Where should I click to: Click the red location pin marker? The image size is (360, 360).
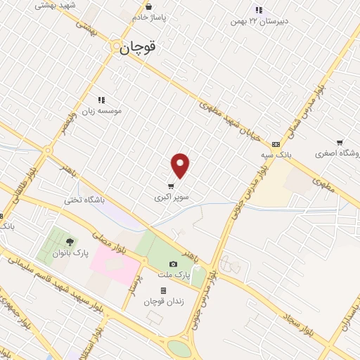(x=181, y=166)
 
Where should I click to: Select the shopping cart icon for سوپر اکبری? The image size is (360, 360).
(x=171, y=186)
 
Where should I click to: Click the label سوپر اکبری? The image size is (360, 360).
(x=172, y=198)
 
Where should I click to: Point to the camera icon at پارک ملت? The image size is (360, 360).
(x=174, y=264)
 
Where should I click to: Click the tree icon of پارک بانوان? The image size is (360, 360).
(x=69, y=243)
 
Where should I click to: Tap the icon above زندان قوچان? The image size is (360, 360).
(x=163, y=290)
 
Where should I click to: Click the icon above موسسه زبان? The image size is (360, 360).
(x=101, y=100)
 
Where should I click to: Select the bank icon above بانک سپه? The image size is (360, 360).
(x=276, y=143)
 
